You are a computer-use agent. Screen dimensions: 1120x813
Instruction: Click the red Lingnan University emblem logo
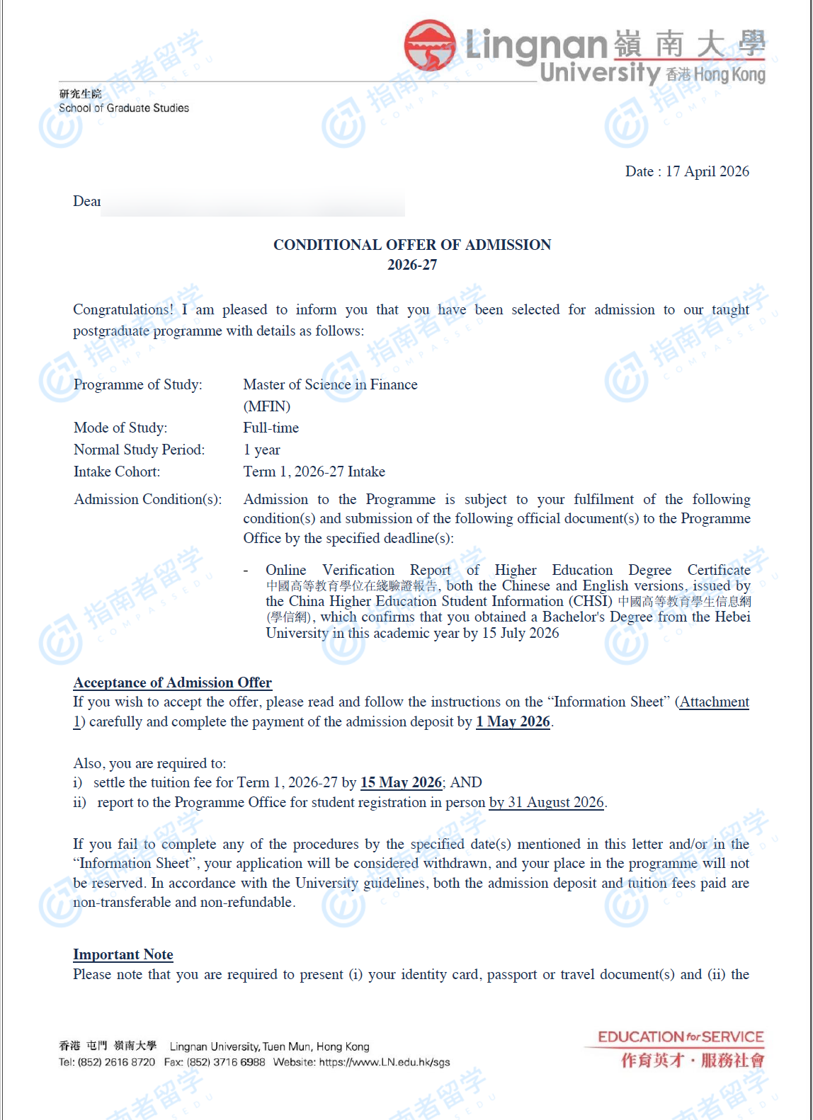click(x=430, y=45)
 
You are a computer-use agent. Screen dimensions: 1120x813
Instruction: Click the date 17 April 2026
click(x=707, y=171)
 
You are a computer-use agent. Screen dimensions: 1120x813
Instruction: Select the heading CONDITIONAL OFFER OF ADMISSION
click(x=412, y=245)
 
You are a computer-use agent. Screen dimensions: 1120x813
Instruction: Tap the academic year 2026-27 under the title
click(x=412, y=265)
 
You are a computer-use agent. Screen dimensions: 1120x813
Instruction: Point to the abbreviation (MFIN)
click(x=267, y=406)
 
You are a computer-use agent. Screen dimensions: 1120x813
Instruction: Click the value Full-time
click(x=271, y=428)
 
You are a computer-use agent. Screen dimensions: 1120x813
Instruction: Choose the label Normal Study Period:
click(x=139, y=450)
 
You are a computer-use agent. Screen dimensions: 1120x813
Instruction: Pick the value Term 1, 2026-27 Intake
click(x=314, y=472)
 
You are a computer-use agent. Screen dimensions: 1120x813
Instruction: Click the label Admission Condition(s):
click(x=147, y=499)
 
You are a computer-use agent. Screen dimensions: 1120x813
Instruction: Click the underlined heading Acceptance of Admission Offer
click(x=172, y=682)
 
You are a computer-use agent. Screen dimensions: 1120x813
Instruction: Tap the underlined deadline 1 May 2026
click(x=513, y=721)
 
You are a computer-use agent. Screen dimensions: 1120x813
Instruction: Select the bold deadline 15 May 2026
click(x=401, y=782)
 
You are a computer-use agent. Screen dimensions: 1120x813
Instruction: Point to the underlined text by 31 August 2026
click(x=546, y=802)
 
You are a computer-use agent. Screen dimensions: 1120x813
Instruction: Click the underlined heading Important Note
click(x=123, y=954)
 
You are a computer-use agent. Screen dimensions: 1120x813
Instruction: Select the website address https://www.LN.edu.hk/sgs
click(x=384, y=1062)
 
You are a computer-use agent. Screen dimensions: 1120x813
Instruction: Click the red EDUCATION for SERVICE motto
click(x=680, y=1037)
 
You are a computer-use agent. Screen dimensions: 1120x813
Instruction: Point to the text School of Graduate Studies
click(x=124, y=108)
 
